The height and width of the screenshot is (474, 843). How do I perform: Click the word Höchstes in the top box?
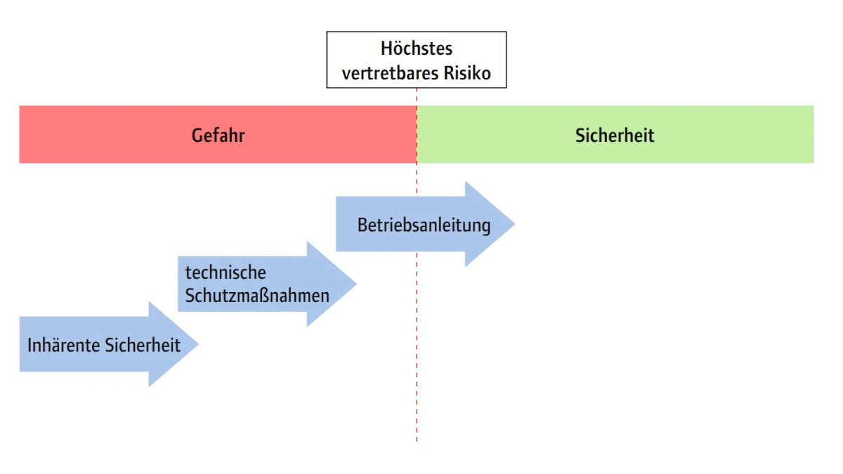[x=416, y=49]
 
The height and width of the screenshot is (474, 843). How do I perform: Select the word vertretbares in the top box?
[x=391, y=72]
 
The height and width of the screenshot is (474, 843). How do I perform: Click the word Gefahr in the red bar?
[x=218, y=135]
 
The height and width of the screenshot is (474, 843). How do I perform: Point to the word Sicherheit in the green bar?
[x=615, y=135]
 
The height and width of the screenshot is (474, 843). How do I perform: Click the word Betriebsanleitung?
[x=424, y=225]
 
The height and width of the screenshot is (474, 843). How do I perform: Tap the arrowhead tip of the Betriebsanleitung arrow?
[x=513, y=224]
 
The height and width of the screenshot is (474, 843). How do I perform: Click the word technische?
[x=226, y=272]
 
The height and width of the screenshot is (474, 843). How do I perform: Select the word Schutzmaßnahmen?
[x=257, y=296]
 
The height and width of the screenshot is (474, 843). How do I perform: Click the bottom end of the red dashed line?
[x=417, y=440]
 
